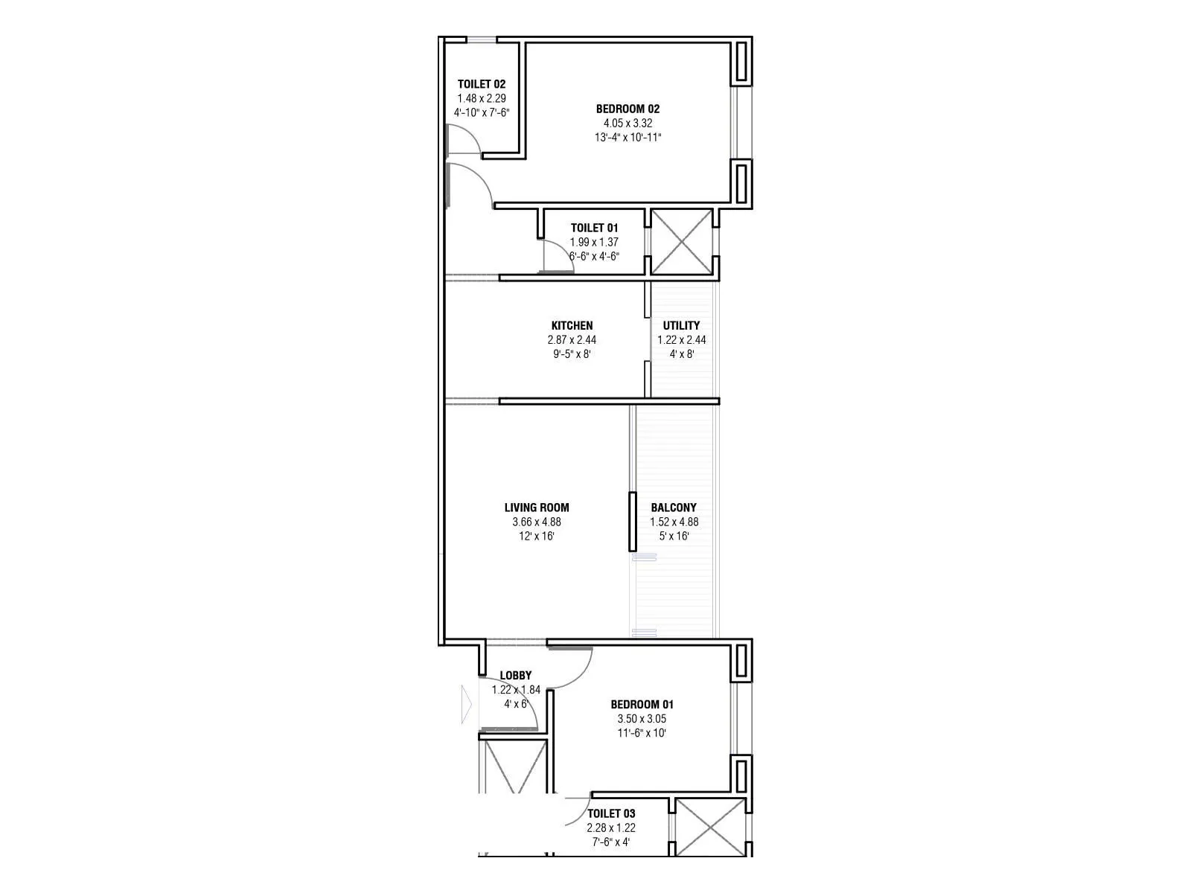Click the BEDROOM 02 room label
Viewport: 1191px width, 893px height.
coord(628,109)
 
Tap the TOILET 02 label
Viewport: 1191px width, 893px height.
coord(481,84)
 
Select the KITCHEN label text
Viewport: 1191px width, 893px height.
coord(572,325)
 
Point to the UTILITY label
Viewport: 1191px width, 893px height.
coord(681,325)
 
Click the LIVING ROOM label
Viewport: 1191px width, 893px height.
coord(536,508)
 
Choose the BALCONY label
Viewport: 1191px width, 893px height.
coord(674,508)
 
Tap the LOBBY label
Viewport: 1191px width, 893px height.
coord(515,676)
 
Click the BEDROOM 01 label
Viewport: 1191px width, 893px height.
coord(642,704)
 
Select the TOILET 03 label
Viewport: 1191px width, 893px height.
coord(611,813)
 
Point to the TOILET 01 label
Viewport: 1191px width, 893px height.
coord(594,228)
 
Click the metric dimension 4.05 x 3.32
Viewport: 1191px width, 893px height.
coord(628,123)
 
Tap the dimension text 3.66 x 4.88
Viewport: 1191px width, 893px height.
coord(536,522)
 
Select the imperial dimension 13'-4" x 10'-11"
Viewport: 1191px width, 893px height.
coord(628,137)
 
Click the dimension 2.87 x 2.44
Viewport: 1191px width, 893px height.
coord(572,339)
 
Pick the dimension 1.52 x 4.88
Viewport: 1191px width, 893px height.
coord(674,522)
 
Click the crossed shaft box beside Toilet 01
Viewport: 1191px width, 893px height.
coord(681,242)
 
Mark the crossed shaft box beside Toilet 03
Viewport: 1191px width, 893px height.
coord(710,828)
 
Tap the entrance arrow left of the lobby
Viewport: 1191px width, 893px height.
coord(467,702)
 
